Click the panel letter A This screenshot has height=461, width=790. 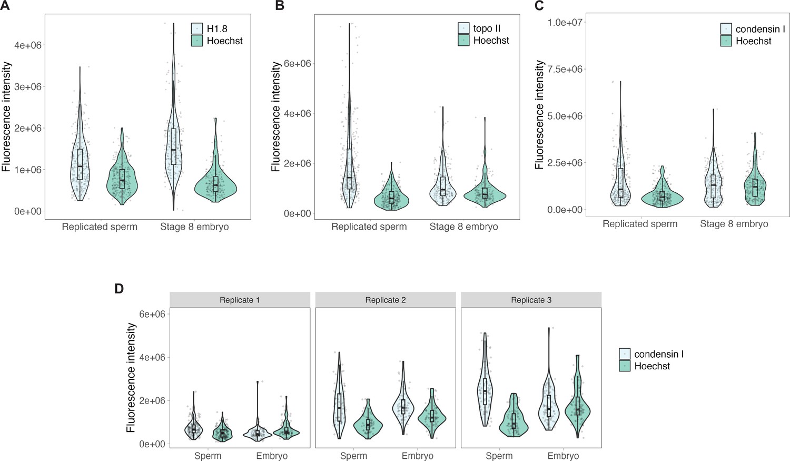5,6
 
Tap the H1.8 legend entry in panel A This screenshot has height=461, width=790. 216,29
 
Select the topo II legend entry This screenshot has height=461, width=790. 486,28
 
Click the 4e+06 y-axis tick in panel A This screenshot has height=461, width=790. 27,45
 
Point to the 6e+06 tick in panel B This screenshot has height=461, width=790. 298,64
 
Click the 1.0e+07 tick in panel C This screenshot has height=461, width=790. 565,23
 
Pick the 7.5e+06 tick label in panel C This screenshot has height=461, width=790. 565,70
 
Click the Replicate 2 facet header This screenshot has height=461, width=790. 386,300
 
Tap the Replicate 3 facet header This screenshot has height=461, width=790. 531,300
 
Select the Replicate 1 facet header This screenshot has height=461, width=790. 240,300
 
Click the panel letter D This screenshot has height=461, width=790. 119,289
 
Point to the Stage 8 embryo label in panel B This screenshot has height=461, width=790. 463,227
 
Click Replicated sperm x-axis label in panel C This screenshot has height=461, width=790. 640,224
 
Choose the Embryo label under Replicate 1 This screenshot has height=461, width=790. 272,456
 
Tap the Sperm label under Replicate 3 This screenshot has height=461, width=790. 499,456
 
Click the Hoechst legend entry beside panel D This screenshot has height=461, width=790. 651,366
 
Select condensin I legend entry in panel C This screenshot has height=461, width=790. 760,29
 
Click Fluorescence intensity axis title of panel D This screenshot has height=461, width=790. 132,378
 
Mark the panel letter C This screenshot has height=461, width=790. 539,6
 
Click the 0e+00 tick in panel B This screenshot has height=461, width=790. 298,214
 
